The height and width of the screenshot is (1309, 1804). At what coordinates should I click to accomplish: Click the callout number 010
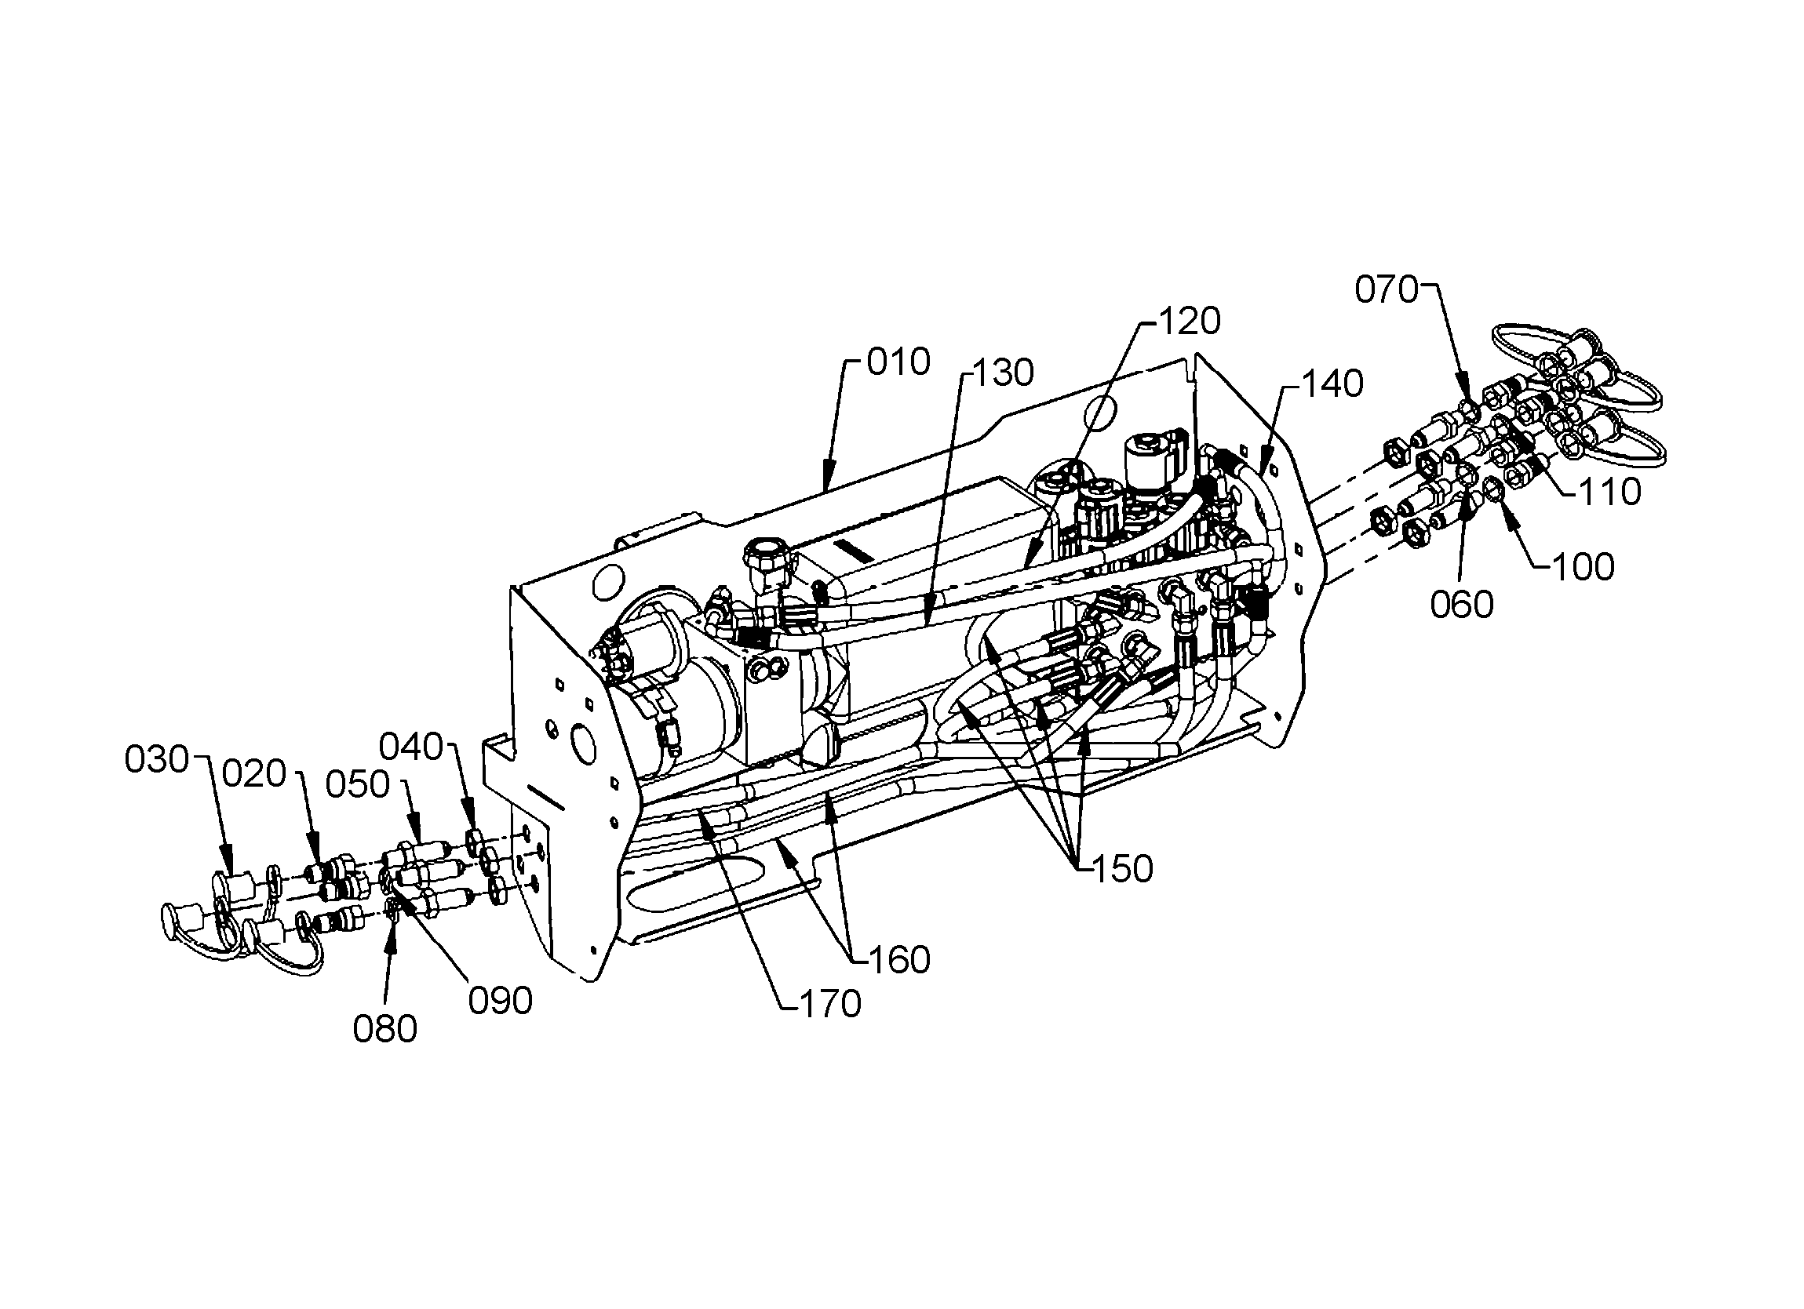click(898, 363)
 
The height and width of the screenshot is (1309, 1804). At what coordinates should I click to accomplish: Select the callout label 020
click(253, 774)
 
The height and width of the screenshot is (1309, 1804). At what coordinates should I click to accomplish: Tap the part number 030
click(157, 760)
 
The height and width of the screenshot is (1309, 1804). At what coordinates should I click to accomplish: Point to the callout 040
click(410, 747)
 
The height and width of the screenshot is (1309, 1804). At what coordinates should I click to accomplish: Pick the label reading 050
click(358, 785)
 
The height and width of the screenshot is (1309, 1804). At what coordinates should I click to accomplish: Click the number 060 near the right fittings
click(1462, 605)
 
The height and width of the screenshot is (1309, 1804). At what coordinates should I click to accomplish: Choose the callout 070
click(1387, 290)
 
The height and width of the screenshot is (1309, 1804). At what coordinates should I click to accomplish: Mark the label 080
click(385, 1030)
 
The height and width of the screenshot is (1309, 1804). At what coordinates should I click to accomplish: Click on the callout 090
click(501, 1002)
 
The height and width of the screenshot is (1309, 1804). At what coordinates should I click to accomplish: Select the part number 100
click(1583, 568)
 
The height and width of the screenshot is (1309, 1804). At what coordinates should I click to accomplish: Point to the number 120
click(1189, 322)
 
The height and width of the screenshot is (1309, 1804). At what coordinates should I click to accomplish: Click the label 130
click(1002, 373)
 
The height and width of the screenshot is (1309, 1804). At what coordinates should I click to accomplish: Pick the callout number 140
click(1332, 385)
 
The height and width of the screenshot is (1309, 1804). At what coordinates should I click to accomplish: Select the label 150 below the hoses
click(1121, 870)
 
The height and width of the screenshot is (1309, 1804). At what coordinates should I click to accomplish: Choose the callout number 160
click(898, 961)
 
